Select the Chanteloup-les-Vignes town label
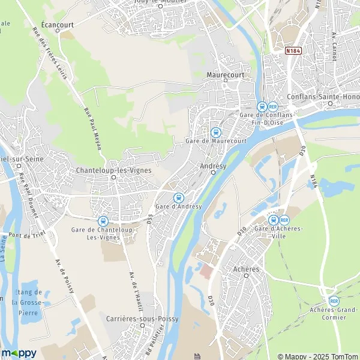114,170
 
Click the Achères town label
246,269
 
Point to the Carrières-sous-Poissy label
142,319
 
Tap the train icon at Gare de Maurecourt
216,132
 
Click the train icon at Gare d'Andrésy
178,198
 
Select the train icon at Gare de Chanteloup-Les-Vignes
103,221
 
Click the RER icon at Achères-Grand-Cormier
334,301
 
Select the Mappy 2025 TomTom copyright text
319,355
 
